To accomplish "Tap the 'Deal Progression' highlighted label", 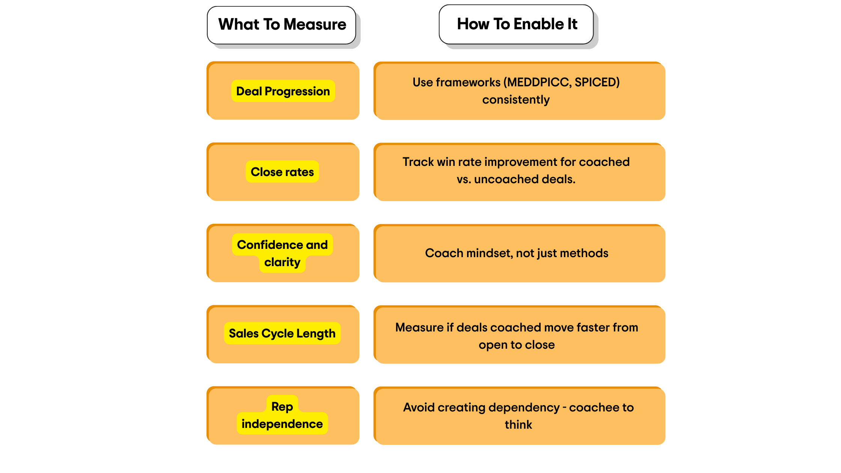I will coord(283,91).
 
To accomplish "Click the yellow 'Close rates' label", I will coord(282,172).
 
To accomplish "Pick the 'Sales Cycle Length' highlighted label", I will coord(282,333).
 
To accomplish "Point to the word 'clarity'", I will coord(282,262).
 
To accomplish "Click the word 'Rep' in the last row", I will coord(282,407).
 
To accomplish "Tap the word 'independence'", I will coord(282,424).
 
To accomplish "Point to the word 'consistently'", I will coord(516,100).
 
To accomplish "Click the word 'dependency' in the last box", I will coord(524,408).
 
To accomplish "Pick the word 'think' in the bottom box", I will coord(518,425).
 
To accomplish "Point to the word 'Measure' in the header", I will coord(315,25).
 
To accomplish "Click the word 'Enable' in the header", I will coord(538,24).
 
